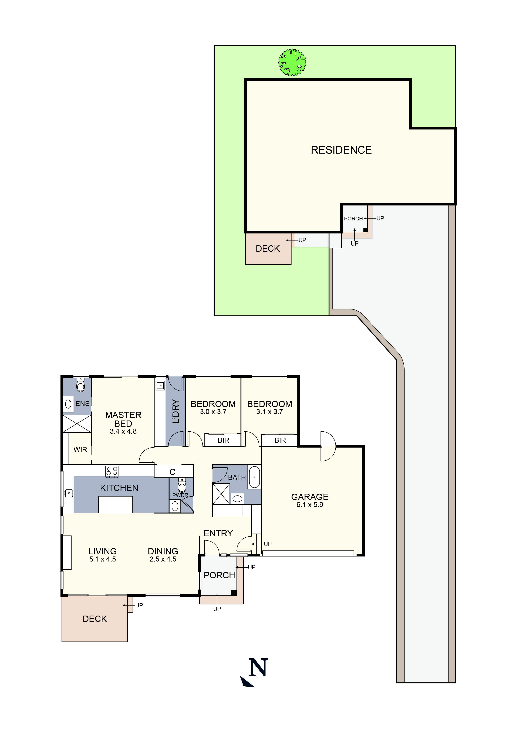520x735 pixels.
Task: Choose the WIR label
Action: pos(80,450)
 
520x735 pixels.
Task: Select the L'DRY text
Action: pos(176,411)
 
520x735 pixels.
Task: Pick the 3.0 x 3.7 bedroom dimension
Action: pos(213,412)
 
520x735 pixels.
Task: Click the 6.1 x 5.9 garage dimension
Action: pos(309,505)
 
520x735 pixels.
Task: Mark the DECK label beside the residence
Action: pos(267,249)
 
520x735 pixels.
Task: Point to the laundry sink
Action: pos(160,386)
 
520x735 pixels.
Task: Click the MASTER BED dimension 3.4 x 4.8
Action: pos(123,432)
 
